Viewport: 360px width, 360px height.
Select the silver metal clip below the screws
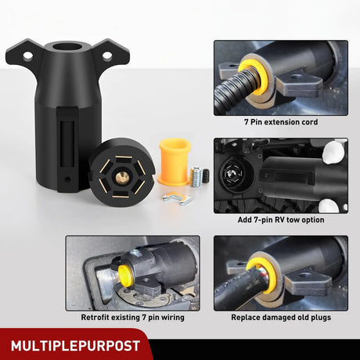click(178, 199)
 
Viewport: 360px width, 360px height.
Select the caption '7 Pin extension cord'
click(281, 122)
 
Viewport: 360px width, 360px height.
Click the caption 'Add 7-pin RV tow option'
click(281, 220)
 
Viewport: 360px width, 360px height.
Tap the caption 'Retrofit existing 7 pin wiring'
click(132, 318)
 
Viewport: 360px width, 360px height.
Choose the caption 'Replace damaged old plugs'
click(281, 318)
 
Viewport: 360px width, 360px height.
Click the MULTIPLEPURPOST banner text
click(76, 344)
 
